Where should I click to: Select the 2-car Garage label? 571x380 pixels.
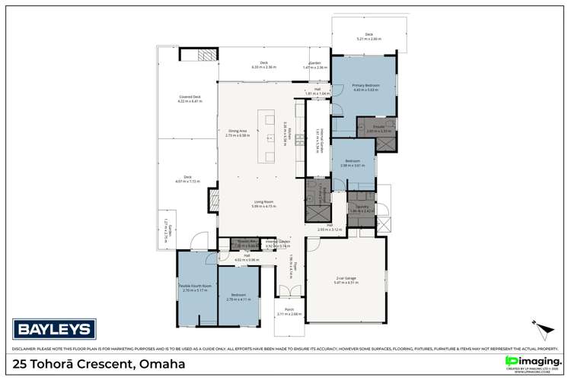(346, 280)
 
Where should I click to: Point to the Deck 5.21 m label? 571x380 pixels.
(368, 36)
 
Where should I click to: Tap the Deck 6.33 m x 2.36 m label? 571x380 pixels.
(263, 65)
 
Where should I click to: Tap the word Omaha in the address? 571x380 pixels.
(159, 364)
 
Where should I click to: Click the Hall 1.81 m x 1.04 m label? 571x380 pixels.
(317, 91)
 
